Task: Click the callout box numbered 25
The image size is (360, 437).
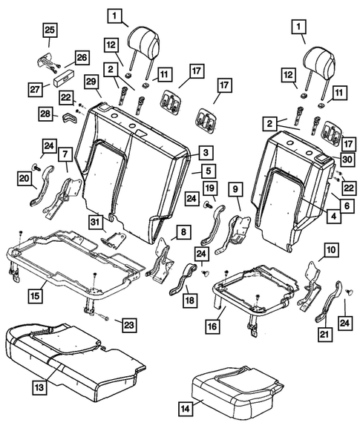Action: [x=48, y=30]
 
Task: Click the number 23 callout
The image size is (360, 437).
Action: [x=129, y=325]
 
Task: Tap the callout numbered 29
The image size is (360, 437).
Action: [x=91, y=81]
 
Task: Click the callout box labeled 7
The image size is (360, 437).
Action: [x=65, y=154]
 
